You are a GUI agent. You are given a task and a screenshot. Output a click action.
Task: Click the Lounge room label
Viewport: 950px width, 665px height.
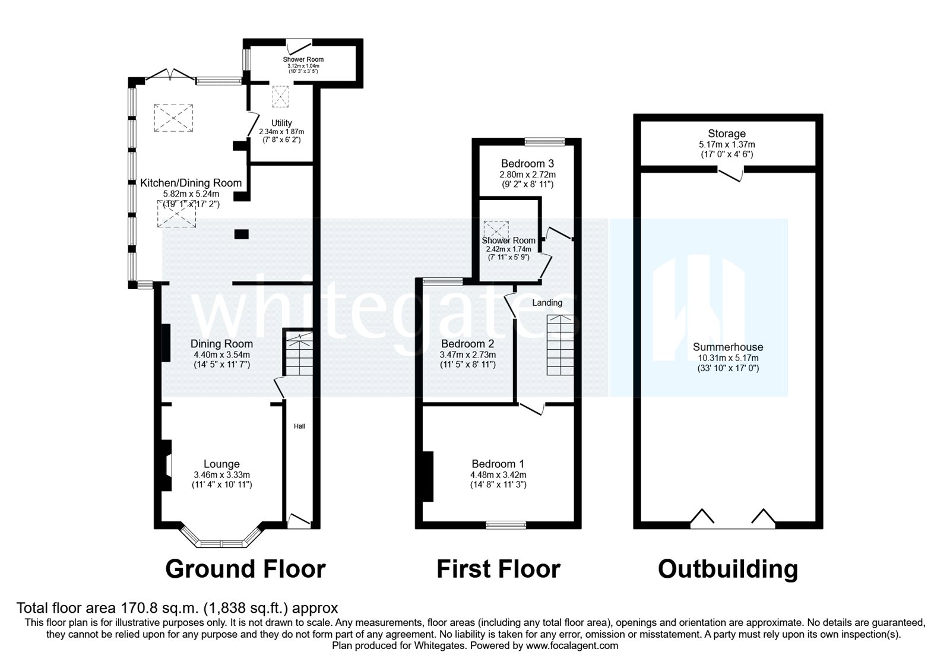[221, 464]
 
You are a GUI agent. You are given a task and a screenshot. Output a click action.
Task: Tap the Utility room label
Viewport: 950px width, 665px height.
[281, 123]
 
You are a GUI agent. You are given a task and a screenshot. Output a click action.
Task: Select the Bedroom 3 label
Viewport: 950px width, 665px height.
[527, 163]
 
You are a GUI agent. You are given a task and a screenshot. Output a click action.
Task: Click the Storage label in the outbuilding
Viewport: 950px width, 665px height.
[726, 134]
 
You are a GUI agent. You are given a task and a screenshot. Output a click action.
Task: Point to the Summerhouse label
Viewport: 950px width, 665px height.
[727, 347]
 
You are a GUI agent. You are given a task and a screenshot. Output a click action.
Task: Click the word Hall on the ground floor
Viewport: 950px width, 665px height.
[299, 426]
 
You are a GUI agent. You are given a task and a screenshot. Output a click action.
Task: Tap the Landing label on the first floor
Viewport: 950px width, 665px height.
[547, 303]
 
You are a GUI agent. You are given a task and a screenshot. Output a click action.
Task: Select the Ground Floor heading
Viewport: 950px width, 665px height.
[245, 569]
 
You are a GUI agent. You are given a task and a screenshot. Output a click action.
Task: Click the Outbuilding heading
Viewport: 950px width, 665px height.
[727, 569]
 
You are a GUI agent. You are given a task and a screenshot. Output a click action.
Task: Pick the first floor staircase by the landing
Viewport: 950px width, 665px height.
[561, 345]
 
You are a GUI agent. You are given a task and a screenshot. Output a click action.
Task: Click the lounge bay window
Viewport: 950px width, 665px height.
[221, 543]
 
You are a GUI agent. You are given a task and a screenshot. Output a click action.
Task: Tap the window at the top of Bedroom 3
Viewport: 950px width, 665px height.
[544, 141]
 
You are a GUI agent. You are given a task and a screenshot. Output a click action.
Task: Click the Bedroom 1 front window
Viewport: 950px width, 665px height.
[505, 525]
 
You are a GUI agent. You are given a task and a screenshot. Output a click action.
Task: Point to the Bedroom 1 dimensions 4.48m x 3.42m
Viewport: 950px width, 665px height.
[498, 475]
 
